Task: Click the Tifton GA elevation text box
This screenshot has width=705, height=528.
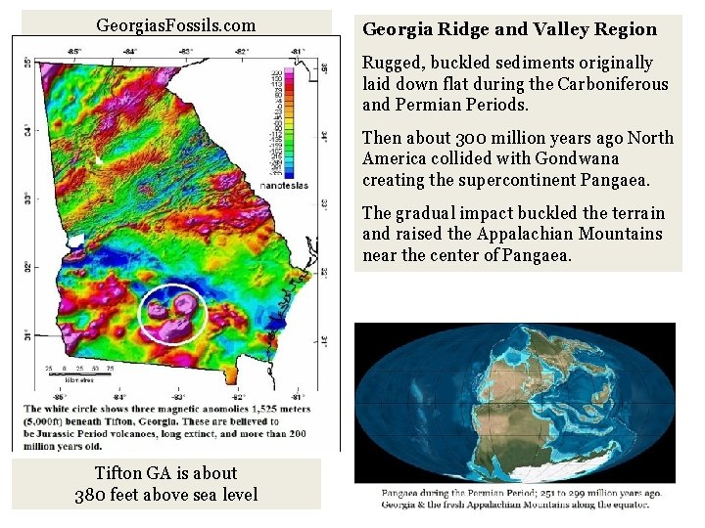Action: (x=166, y=483)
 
